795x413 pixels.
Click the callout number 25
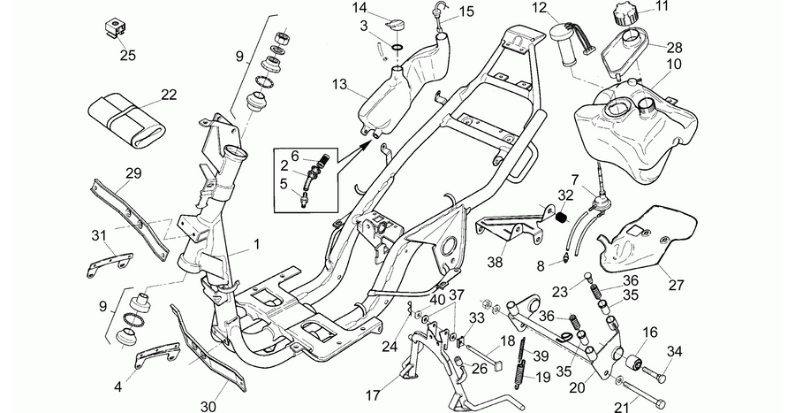pyautogui.click(x=128, y=55)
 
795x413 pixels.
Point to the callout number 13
pyautogui.click(x=339, y=84)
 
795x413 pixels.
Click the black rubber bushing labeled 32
pyautogui.click(x=562, y=218)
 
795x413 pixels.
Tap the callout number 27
pyautogui.click(x=677, y=285)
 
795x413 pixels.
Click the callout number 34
pyautogui.click(x=675, y=350)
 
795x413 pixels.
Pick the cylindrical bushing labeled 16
pyautogui.click(x=633, y=363)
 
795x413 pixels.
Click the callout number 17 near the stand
pyautogui.click(x=373, y=394)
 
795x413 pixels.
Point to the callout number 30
pyautogui.click(x=208, y=407)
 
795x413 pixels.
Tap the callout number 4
pyautogui.click(x=118, y=387)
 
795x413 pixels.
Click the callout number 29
pyautogui.click(x=133, y=173)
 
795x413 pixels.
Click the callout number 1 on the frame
pyautogui.click(x=256, y=245)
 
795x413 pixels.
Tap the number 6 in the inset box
pyautogui.click(x=294, y=156)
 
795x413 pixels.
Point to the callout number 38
pyautogui.click(x=495, y=262)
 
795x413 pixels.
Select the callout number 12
pyautogui.click(x=540, y=8)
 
